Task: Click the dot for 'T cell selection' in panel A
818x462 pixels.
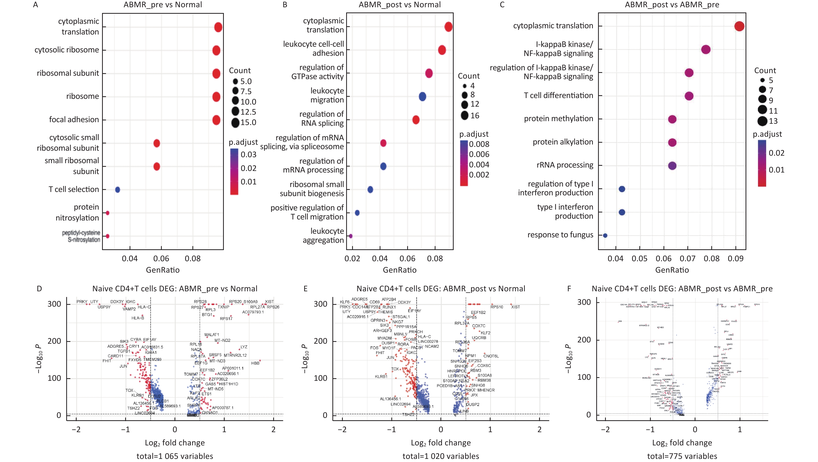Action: [x=117, y=190]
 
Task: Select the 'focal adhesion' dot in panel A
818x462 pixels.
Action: [x=216, y=120]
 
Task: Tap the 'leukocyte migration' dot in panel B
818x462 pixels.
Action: [x=422, y=96]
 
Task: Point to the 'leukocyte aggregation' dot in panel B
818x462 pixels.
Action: [x=351, y=236]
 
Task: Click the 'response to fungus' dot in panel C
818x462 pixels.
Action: [x=605, y=236]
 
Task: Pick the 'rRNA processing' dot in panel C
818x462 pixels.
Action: [x=672, y=166]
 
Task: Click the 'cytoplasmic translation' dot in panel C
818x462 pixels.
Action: [x=739, y=26]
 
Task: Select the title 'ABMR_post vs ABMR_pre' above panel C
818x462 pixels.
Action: [x=672, y=5]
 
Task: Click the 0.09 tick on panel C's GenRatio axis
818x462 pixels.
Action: [x=735, y=259]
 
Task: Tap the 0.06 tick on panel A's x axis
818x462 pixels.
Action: [x=161, y=259]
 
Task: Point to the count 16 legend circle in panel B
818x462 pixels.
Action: [x=465, y=115]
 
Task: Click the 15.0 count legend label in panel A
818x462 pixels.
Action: [x=248, y=122]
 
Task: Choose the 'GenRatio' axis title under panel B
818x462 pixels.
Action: [x=399, y=270]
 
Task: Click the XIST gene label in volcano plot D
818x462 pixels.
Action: [x=269, y=301]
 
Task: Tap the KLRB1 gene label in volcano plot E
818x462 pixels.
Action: [x=381, y=377]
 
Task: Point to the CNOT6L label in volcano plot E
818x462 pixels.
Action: [x=491, y=356]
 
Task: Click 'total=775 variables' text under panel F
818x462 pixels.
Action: [x=682, y=456]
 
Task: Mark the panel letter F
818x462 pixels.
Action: [x=569, y=289]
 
